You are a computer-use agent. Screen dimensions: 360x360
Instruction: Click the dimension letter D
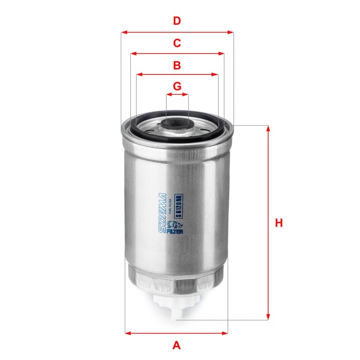tap(177, 22)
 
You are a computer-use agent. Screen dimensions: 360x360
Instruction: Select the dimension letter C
tap(177, 44)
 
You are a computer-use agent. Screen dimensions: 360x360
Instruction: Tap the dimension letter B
tap(177, 66)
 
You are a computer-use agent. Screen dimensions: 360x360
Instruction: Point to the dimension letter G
tap(177, 86)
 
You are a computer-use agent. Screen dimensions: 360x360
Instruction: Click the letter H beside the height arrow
tap(278, 223)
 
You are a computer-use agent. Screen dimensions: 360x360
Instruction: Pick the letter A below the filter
tap(176, 345)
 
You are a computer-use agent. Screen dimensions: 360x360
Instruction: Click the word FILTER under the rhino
tap(177, 232)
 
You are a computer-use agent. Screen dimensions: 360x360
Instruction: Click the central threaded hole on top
tap(177, 128)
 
